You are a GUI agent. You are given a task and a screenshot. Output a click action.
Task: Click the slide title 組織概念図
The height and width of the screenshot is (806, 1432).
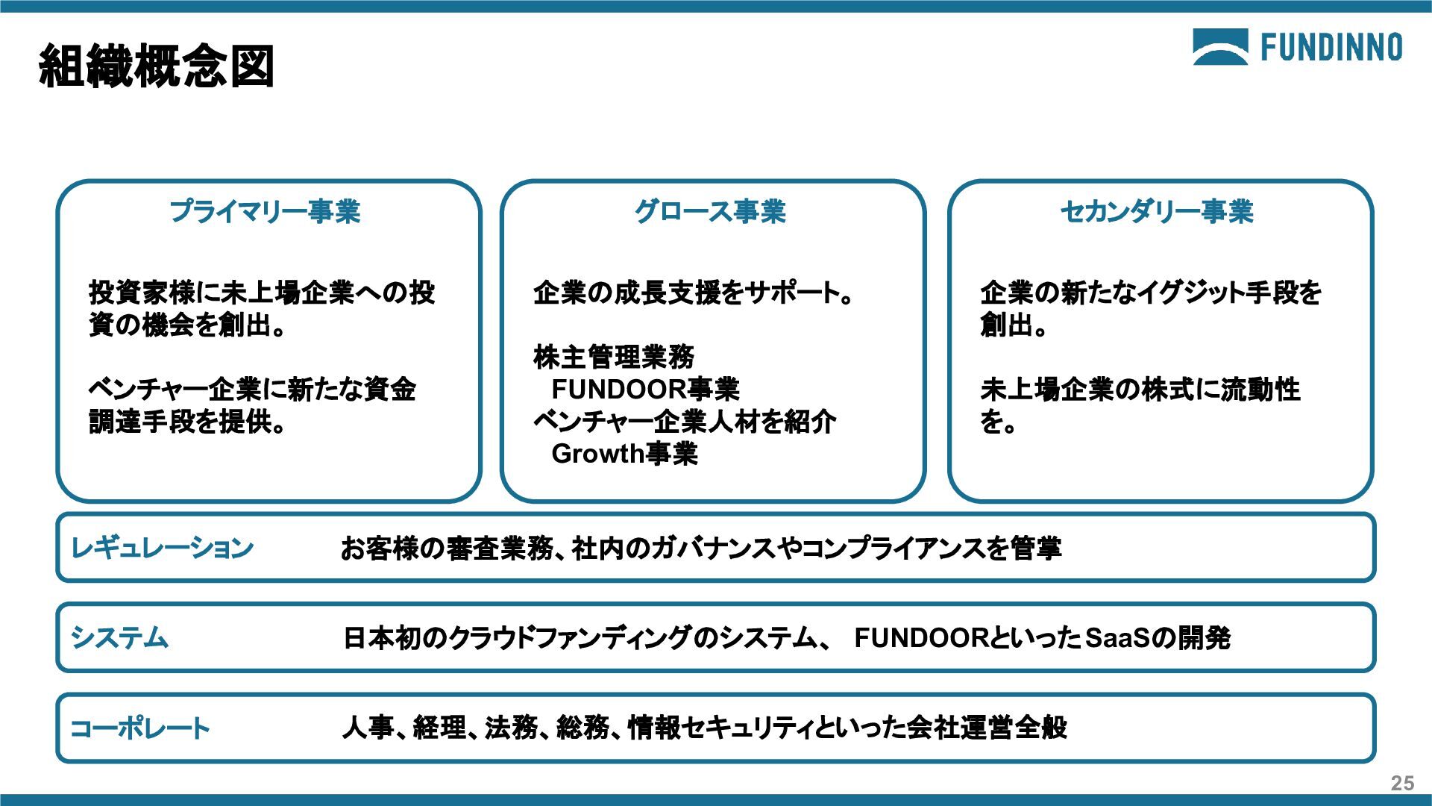click(x=157, y=66)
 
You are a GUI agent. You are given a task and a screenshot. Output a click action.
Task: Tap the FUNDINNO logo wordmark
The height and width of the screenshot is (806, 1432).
click(x=1331, y=48)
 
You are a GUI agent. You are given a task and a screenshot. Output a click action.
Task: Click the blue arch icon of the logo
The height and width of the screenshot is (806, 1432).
click(x=1220, y=47)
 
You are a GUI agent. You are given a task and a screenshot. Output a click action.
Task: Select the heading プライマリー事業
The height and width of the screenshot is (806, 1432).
click(x=266, y=212)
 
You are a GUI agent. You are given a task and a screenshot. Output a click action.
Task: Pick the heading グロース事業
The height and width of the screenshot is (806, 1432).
click(x=710, y=212)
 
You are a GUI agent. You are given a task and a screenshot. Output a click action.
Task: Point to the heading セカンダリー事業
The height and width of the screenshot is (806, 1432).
click(x=1157, y=212)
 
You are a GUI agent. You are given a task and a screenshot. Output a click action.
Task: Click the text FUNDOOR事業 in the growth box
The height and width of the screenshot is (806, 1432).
click(x=645, y=390)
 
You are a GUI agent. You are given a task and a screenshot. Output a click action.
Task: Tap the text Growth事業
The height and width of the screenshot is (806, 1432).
click(x=624, y=454)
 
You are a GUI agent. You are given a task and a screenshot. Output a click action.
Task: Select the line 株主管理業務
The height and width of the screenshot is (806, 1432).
click(x=614, y=357)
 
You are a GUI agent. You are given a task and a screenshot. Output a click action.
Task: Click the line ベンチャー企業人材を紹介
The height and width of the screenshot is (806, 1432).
click(x=685, y=422)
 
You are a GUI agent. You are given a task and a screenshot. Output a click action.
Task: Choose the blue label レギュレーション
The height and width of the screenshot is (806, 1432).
click(x=162, y=549)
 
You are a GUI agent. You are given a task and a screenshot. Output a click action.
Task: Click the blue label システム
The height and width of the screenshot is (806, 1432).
click(x=119, y=638)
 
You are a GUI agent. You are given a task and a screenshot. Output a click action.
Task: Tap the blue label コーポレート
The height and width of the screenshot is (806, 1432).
click(x=139, y=728)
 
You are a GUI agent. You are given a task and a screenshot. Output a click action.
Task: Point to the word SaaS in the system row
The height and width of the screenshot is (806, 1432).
click(x=1118, y=638)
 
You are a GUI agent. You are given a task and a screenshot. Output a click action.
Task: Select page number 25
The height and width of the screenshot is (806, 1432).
click(x=1402, y=783)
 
